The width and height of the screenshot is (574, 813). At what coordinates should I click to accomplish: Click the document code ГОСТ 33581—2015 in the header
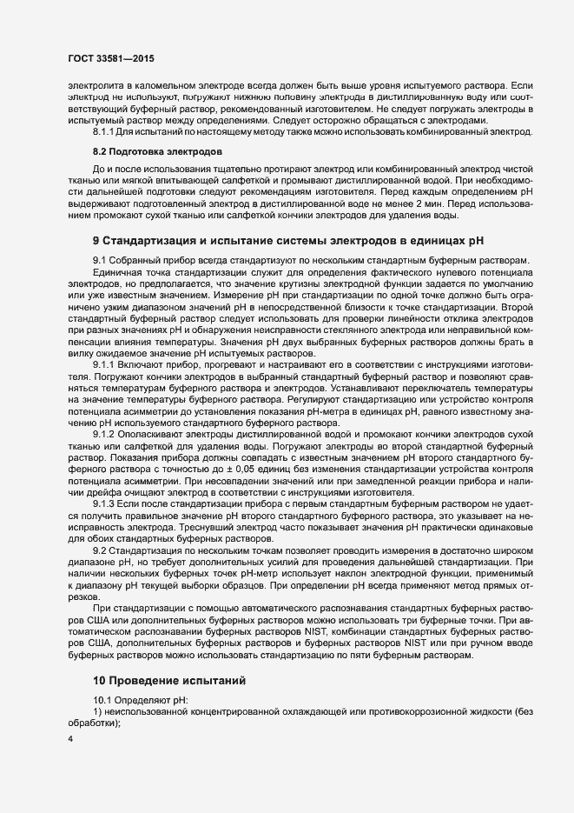click(112, 58)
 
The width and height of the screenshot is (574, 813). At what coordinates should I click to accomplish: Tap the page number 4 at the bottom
click(69, 738)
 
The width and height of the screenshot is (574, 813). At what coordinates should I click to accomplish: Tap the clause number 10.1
click(102, 700)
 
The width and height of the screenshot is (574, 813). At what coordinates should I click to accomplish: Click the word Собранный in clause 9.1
click(135, 261)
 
